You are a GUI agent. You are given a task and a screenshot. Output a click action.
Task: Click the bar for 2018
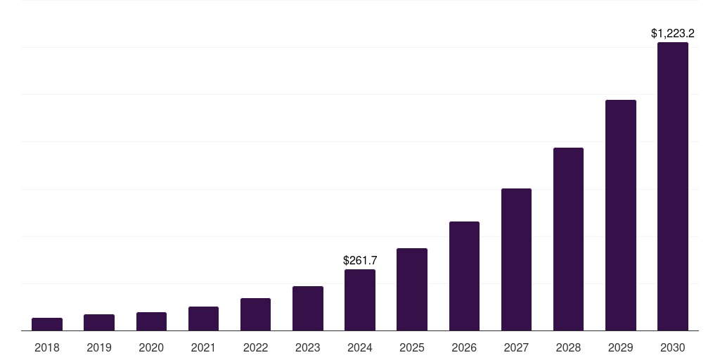pyautogui.click(x=47, y=324)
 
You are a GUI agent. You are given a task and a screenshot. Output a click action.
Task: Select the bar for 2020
pyautogui.click(x=151, y=321)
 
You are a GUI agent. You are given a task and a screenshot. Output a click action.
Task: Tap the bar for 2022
pyautogui.click(x=255, y=314)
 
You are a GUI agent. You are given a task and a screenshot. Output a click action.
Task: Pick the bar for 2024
pyautogui.click(x=360, y=300)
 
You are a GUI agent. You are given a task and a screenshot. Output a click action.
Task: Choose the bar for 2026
pyautogui.click(x=464, y=276)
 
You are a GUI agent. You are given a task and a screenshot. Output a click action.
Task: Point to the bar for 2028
pyautogui.click(x=568, y=239)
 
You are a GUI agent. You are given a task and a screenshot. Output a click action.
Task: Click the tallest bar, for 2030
pyautogui.click(x=673, y=186)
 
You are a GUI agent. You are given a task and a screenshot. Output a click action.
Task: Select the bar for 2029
pyautogui.click(x=621, y=215)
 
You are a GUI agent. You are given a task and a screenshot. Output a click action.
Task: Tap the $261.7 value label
pyautogui.click(x=360, y=260)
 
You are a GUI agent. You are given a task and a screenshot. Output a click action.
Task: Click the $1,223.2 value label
pyautogui.click(x=673, y=33)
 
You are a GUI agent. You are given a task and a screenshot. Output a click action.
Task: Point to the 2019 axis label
pyautogui.click(x=99, y=347)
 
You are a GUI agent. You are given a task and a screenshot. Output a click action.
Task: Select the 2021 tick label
pyautogui.click(x=203, y=347)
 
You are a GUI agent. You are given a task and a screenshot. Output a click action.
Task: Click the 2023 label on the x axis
pyautogui.click(x=308, y=347)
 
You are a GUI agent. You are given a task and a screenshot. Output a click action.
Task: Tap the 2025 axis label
pyautogui.click(x=412, y=347)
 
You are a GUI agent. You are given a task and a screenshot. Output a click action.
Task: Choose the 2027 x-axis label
pyautogui.click(x=516, y=347)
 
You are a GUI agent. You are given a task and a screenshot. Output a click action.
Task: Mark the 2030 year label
pyautogui.click(x=673, y=347)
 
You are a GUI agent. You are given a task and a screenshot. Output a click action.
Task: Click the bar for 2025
pyautogui.click(x=412, y=290)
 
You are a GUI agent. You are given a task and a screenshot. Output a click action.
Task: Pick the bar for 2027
pyautogui.click(x=516, y=259)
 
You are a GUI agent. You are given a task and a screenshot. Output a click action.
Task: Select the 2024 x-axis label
pyautogui.click(x=360, y=347)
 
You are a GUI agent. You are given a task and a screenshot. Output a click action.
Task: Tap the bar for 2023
pyautogui.click(x=308, y=309)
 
